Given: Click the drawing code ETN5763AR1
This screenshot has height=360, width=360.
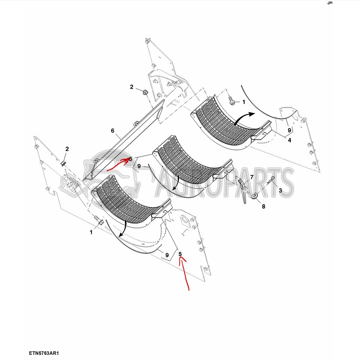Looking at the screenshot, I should pos(45,353).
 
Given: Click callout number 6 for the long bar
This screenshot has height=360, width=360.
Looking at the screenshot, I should pos(113,131).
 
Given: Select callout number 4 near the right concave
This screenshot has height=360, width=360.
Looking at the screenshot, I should pos(289,140).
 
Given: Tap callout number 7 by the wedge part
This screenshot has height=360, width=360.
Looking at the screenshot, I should pos(252,177).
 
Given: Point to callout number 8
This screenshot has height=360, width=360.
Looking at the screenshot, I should pos(263,206).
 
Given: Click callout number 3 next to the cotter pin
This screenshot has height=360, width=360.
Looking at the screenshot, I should pos(280,190).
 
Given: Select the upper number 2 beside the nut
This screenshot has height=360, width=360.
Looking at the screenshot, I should pos(132,87).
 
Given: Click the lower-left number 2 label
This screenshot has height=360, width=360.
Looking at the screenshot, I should pos(67,149).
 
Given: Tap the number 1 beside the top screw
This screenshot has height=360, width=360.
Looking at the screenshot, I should pos(243,102).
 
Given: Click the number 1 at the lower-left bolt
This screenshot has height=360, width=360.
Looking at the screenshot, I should pos(91,232).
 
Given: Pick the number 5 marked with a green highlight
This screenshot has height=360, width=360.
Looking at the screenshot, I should pos(180,254).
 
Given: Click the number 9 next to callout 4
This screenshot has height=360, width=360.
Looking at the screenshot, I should pos(289,130).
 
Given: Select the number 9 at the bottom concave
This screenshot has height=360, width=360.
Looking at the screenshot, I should pos(167,255).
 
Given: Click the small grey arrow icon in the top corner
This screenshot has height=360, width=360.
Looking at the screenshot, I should pos(330,3).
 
